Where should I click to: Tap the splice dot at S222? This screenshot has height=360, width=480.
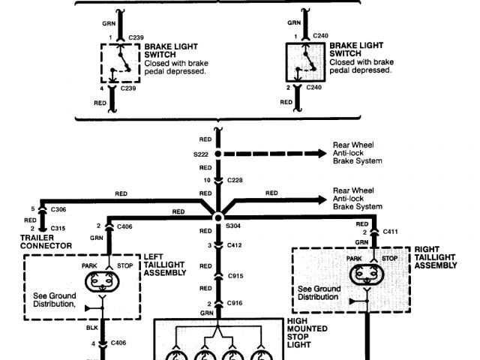tap(218, 154)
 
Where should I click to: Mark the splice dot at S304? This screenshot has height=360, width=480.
tap(218, 217)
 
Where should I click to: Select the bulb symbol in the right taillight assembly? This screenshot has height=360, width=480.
tap(369, 275)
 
